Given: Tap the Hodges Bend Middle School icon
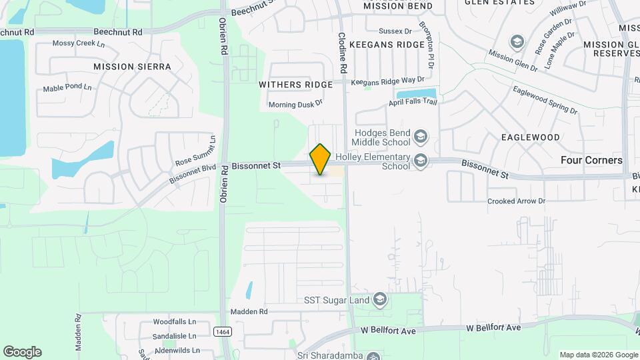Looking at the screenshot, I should point(420,137).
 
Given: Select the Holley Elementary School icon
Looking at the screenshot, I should point(420,160).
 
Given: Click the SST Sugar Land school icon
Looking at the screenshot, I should point(380,300).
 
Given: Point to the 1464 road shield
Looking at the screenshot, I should point(222,331).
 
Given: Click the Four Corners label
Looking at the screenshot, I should point(591,160).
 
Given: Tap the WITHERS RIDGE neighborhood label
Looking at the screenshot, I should point(295,85).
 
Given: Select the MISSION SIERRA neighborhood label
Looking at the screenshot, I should point(132,67).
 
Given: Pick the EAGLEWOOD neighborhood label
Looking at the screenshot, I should point(531,137).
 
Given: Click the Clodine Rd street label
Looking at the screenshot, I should point(343,53).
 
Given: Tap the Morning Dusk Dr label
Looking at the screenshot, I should point(295,104).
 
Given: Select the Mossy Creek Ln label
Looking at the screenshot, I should point(79,44).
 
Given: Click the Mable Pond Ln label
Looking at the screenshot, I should point(67,87).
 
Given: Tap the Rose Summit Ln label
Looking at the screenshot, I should point(196,153).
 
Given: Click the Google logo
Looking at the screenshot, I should point(22,352).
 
